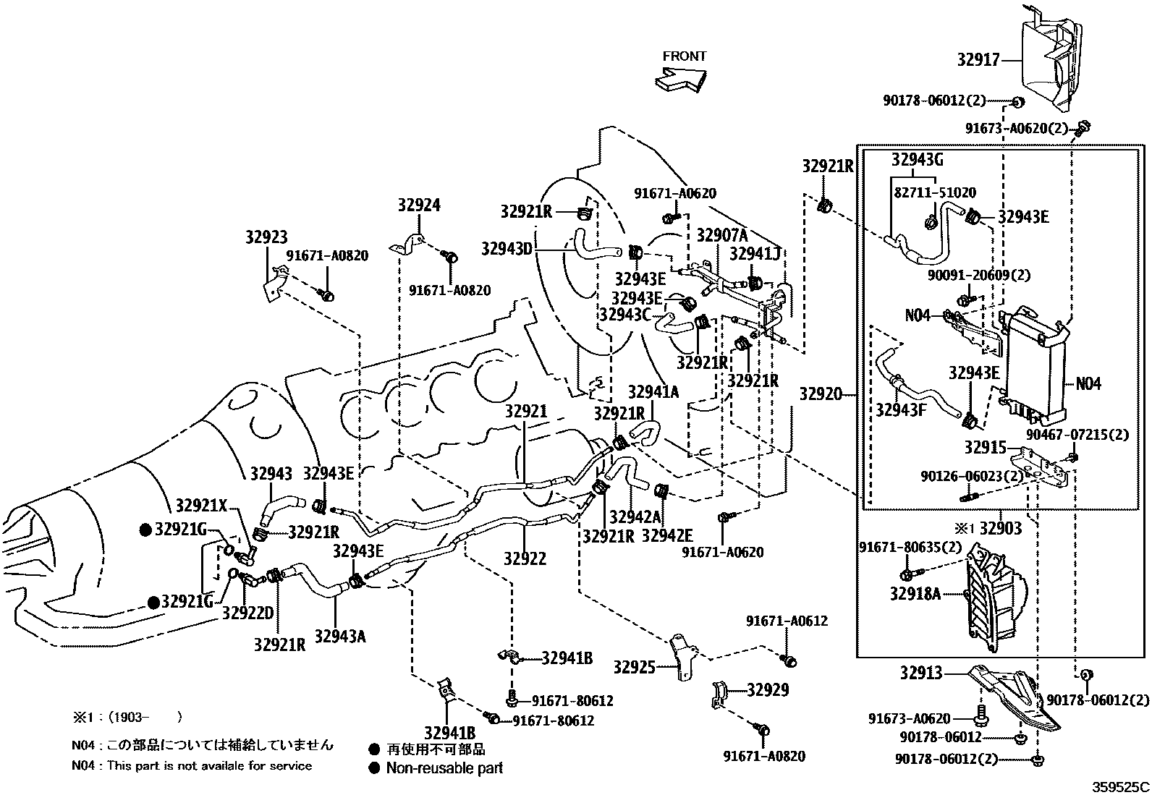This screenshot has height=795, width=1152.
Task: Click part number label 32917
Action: click(x=978, y=60)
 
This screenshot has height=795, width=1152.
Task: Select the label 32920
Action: click(x=821, y=394)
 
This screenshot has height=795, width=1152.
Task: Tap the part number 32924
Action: click(x=418, y=205)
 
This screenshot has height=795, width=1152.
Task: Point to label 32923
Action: click(x=266, y=237)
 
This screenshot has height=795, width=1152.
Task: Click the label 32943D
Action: click(x=507, y=249)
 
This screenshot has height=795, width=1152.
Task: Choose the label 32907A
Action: click(x=721, y=235)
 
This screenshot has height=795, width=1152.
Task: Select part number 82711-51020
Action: click(x=934, y=193)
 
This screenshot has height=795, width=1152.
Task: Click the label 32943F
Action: click(x=900, y=410)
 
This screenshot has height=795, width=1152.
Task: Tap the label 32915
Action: click(x=985, y=447)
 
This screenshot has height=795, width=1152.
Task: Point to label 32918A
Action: click(x=915, y=594)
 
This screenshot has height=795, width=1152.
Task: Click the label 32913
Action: click(x=921, y=673)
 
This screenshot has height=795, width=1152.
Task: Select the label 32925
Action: click(x=635, y=666)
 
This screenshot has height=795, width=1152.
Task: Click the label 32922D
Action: click(x=247, y=613)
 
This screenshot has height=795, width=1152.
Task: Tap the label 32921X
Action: click(x=202, y=505)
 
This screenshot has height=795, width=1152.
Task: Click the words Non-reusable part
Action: click(x=444, y=768)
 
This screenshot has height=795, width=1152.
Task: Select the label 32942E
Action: click(x=666, y=536)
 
